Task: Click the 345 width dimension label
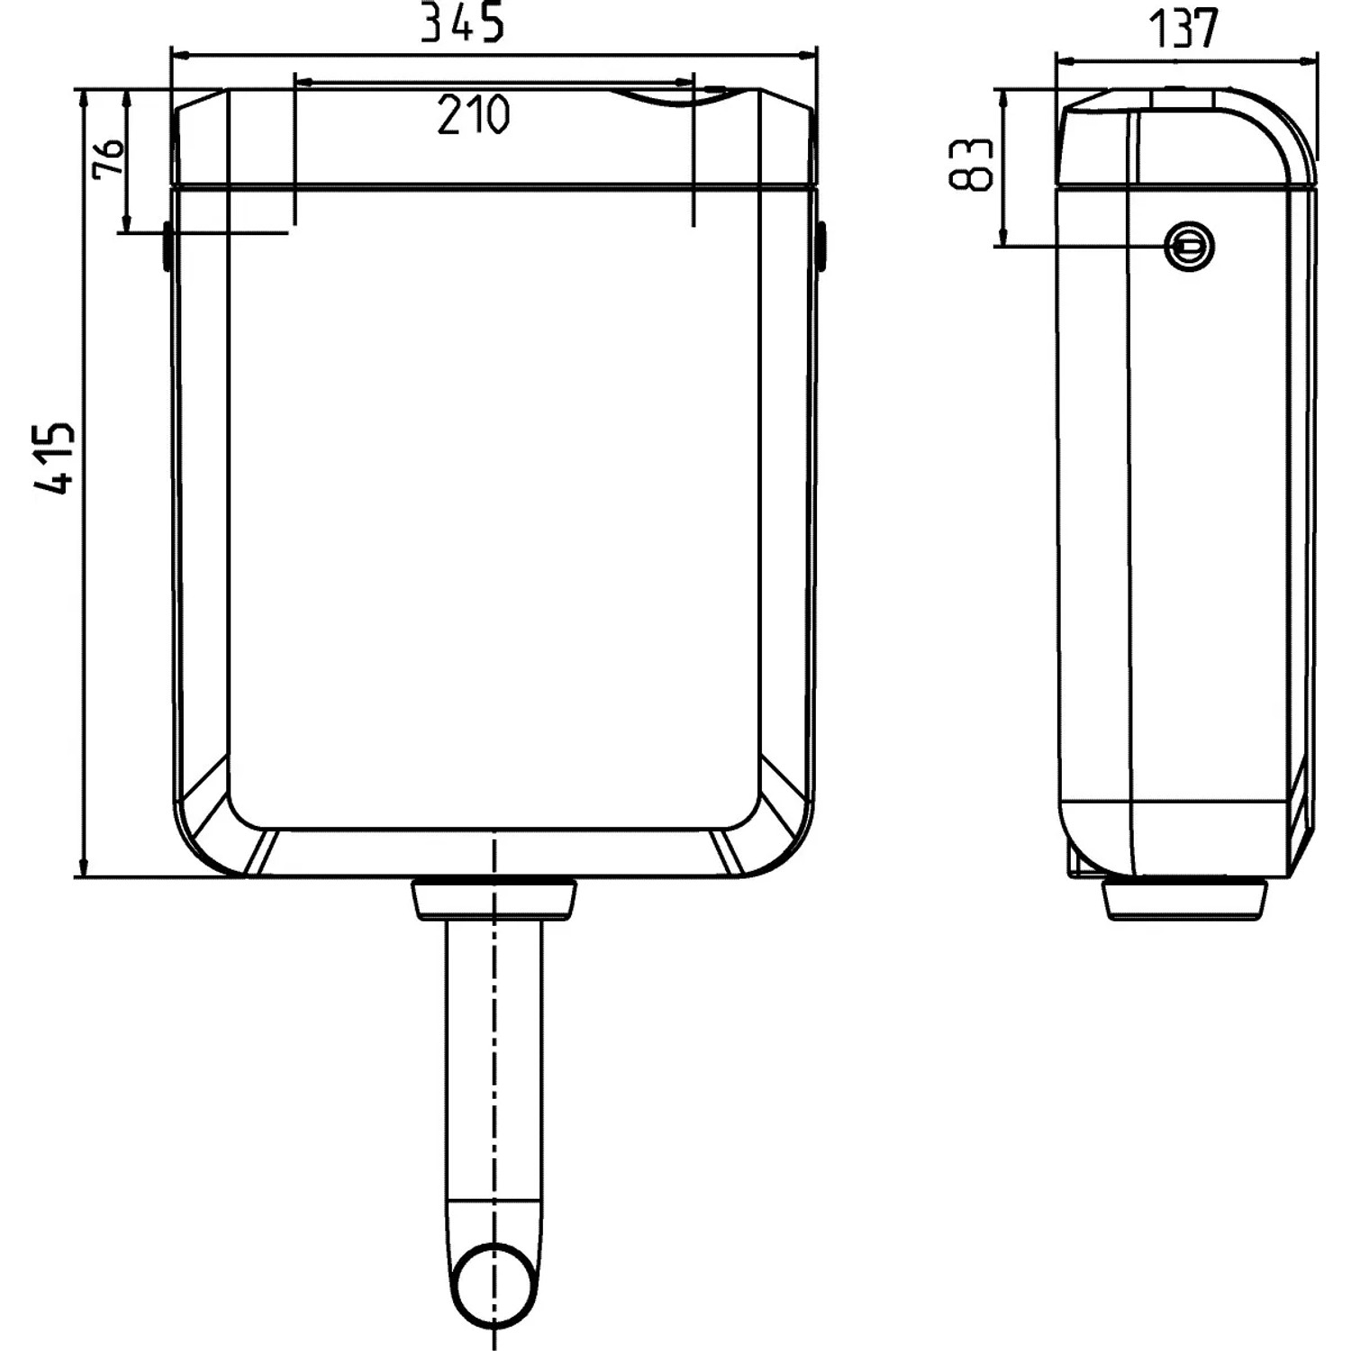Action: [463, 23]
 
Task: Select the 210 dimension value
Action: [474, 114]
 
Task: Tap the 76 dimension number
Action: [108, 159]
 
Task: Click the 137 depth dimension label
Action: [1183, 29]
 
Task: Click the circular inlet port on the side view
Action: [1190, 246]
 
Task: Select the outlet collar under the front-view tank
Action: [494, 899]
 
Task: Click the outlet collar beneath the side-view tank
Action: [1185, 899]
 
